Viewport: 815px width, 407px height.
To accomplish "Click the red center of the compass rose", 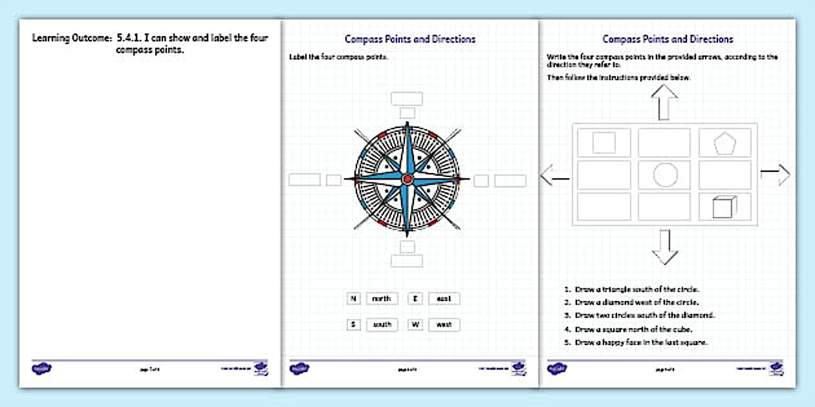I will coord(407,179).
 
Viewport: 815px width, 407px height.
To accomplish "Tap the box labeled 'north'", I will coord(382,298).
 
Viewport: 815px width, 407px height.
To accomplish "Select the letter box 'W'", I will coord(415,324).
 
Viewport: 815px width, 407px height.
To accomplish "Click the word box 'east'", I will coord(444,298).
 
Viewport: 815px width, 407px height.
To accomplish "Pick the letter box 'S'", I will coord(353,324).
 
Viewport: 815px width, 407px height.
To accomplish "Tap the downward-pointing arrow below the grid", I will coord(664,247).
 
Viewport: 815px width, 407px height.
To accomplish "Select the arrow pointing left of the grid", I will coord(554,174).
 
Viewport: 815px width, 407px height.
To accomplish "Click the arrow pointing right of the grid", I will coord(776,174).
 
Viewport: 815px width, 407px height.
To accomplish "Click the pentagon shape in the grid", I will coord(724,143).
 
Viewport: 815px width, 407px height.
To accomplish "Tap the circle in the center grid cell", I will coord(665,175).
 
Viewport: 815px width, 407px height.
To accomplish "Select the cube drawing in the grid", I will coord(724,207).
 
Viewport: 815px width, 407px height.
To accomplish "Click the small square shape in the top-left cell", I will coord(604,142).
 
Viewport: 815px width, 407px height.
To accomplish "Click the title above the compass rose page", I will coord(410,39).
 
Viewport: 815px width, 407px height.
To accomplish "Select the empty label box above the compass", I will coord(407,99).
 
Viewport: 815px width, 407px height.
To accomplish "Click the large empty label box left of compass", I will coord(305,180).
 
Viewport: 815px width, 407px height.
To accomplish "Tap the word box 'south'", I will coord(382,324).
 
